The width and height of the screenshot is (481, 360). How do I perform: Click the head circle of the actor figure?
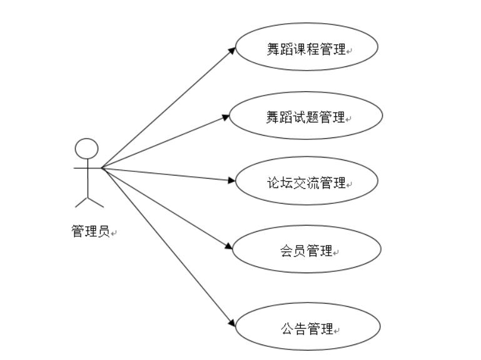tap(87, 149)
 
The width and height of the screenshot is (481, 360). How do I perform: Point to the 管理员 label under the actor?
tap(91, 231)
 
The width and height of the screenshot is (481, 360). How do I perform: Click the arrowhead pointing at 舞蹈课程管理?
tap(232, 49)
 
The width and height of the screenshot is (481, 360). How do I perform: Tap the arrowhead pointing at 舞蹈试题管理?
tap(226, 116)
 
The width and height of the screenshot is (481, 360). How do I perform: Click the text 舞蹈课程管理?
tap(306, 49)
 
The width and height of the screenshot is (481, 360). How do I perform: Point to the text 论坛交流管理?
tap(306, 182)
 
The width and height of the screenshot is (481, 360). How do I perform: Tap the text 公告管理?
tap(306, 329)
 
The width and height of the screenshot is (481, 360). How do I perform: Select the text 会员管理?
tap(306, 251)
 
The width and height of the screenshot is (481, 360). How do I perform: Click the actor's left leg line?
tap(81, 201)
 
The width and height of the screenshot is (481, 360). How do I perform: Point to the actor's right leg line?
tap(96, 201)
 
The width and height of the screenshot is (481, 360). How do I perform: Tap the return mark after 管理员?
tap(115, 234)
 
